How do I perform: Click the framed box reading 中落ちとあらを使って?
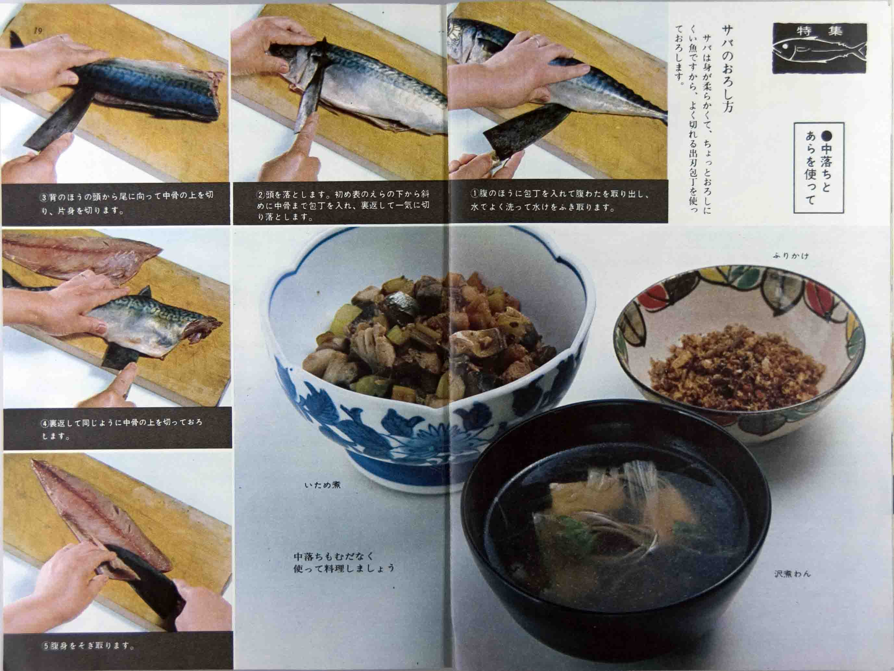[818, 168]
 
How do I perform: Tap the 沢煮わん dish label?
[792, 573]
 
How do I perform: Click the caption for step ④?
[121, 429]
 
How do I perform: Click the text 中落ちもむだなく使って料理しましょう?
[343, 562]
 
